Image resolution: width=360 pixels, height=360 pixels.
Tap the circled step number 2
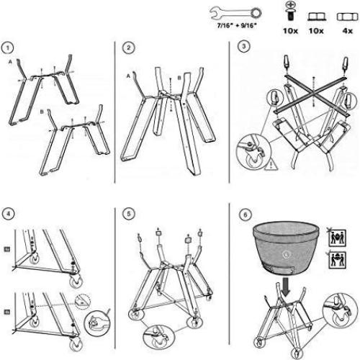pos(129,48)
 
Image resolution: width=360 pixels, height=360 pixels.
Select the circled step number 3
pos(245,48)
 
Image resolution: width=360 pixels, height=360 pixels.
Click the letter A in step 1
pos(9,63)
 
